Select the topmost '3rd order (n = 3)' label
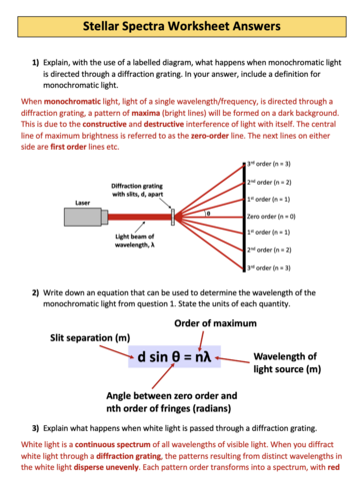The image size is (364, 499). (304, 163)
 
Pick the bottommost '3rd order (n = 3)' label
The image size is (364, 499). (304, 268)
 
